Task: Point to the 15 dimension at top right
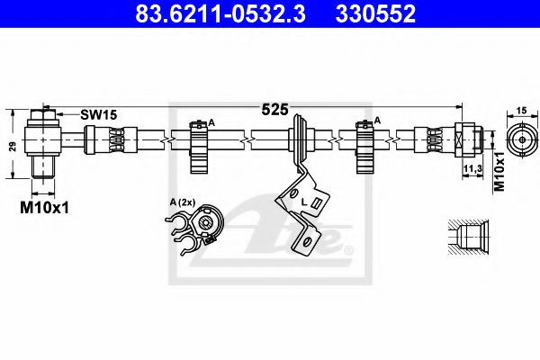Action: [x=520, y=110]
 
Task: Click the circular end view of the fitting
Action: [x=519, y=140]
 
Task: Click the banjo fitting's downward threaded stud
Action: [x=40, y=168]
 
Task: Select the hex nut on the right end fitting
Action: [x=467, y=140]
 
